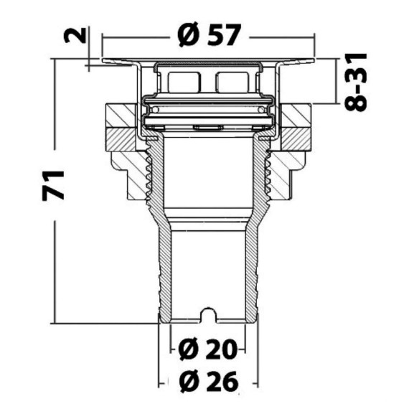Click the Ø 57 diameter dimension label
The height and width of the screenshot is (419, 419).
coord(209,35)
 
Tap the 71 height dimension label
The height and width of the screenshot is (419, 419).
coord(53,185)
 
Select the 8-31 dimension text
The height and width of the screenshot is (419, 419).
coord(356,82)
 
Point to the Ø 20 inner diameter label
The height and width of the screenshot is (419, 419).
coord(208,349)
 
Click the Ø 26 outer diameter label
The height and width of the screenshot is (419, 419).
coord(209,381)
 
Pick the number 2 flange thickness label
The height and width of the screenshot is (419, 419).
coord(75,35)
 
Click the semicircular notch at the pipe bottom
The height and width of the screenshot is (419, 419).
coord(209,314)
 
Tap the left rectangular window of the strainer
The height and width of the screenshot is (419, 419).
coord(184,82)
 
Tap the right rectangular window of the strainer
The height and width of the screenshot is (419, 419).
coord(232,82)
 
